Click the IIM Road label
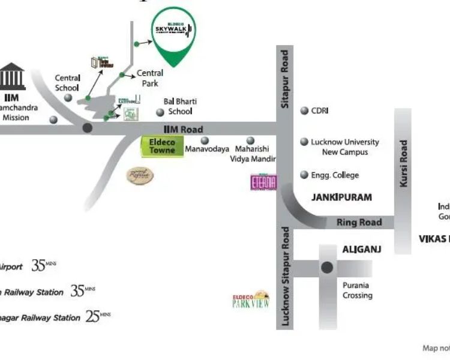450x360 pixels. tap(183, 129)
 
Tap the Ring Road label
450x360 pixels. tap(359, 223)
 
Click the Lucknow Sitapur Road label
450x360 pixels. tap(286, 276)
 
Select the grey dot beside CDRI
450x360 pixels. tap(304, 110)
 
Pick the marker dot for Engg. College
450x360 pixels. tap(304, 175)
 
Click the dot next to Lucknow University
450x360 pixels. tap(304, 142)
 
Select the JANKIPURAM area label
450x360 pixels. tap(341, 197)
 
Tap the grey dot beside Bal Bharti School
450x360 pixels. tap(160, 112)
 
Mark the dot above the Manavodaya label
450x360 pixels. tap(205, 140)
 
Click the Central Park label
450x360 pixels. tap(150, 78)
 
